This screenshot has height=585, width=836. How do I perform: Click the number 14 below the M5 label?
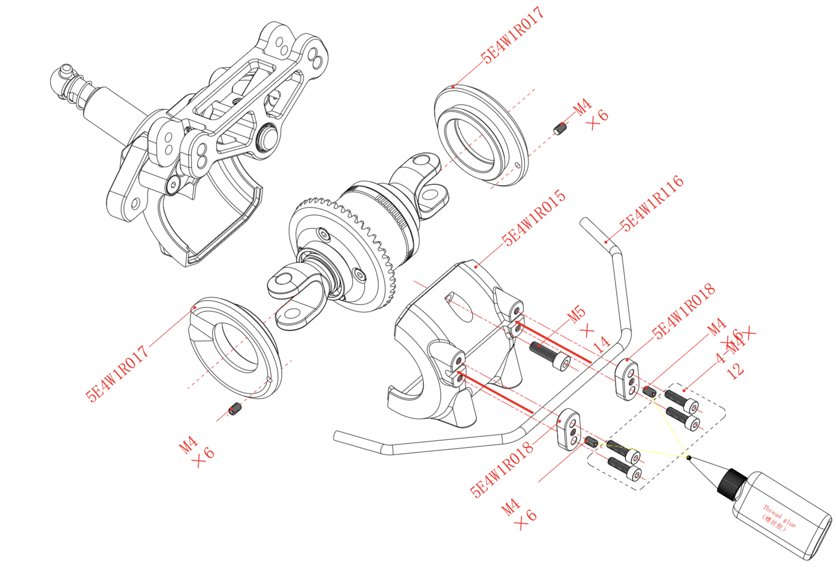[x=601, y=344]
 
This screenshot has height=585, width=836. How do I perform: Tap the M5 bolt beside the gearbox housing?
[x=550, y=356]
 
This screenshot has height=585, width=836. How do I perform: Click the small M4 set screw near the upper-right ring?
[x=561, y=129]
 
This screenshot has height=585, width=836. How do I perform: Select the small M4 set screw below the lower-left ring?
[x=235, y=409]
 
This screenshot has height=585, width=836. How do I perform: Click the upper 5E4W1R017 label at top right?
[x=512, y=35]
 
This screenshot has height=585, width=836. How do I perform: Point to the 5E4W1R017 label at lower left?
[x=117, y=373]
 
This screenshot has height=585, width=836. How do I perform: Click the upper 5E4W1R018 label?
[x=684, y=311]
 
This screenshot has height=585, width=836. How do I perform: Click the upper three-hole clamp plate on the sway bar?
[x=626, y=378]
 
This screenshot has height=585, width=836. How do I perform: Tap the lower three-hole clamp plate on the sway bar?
[x=568, y=429]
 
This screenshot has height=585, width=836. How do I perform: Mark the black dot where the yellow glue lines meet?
[x=688, y=457]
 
